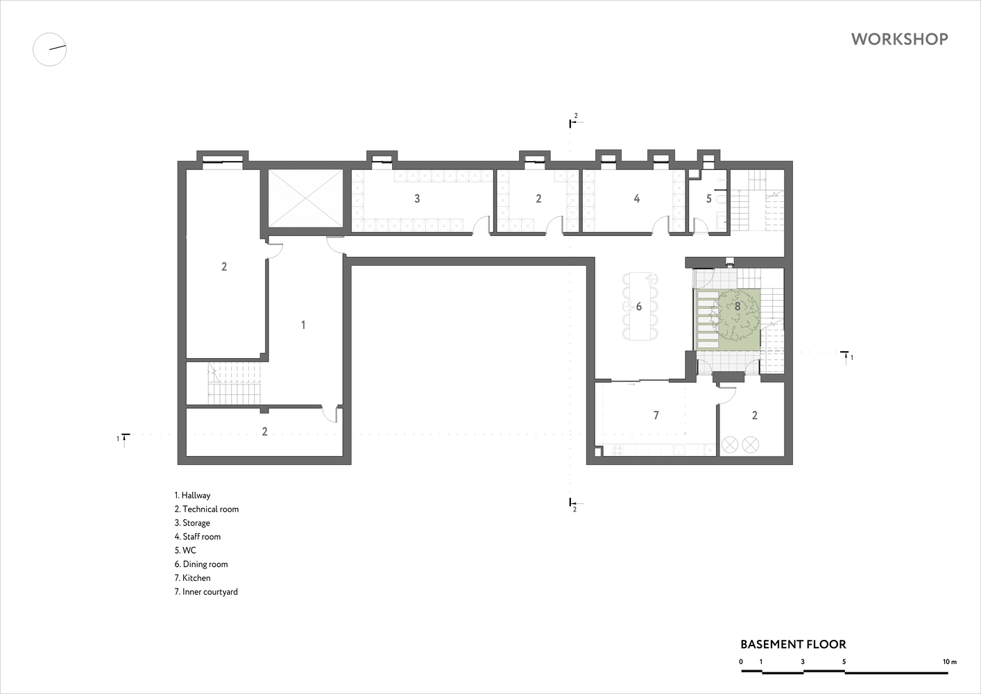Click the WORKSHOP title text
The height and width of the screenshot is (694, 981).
[900, 39]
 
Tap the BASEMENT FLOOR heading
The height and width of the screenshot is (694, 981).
[793, 644]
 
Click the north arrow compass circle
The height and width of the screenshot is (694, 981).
[49, 49]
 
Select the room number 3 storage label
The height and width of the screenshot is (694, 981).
[417, 198]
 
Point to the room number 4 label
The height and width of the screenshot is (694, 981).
[637, 198]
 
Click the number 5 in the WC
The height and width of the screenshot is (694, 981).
[708, 198]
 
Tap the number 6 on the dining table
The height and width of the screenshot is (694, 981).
[639, 306]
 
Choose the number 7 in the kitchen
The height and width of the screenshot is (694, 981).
[656, 415]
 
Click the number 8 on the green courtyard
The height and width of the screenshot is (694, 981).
[737, 306]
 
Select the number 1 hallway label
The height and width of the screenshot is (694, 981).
[303, 325]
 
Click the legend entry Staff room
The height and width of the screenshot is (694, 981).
[198, 536]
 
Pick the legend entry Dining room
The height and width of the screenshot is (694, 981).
[201, 564]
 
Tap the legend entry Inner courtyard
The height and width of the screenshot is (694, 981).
[206, 591]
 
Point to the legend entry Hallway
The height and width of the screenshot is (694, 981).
[192, 495]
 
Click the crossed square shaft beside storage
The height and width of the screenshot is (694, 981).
[305, 198]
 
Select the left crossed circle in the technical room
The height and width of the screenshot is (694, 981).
[730, 445]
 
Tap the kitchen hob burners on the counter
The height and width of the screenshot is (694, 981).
[617, 450]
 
